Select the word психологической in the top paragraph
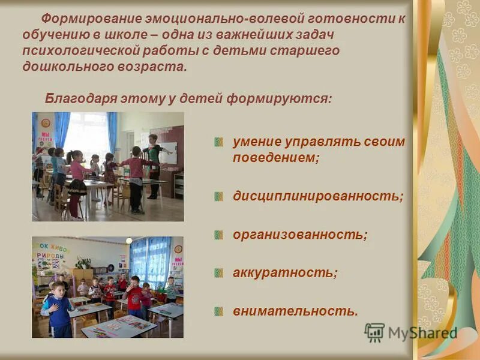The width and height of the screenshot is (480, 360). [75, 51]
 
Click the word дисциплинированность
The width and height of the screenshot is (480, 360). [317, 196]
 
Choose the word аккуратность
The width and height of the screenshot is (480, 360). [284, 272]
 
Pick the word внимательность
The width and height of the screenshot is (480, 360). [295, 311]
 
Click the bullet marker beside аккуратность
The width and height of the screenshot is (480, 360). [220, 273]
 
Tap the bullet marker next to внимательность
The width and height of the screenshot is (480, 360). [220, 311]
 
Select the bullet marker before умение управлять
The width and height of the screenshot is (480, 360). [220, 142]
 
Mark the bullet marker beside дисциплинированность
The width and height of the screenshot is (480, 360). [220, 197]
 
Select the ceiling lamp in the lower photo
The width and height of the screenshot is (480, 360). [129, 240]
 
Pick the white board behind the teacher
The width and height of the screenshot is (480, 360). [170, 154]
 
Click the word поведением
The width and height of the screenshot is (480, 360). [275, 158]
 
